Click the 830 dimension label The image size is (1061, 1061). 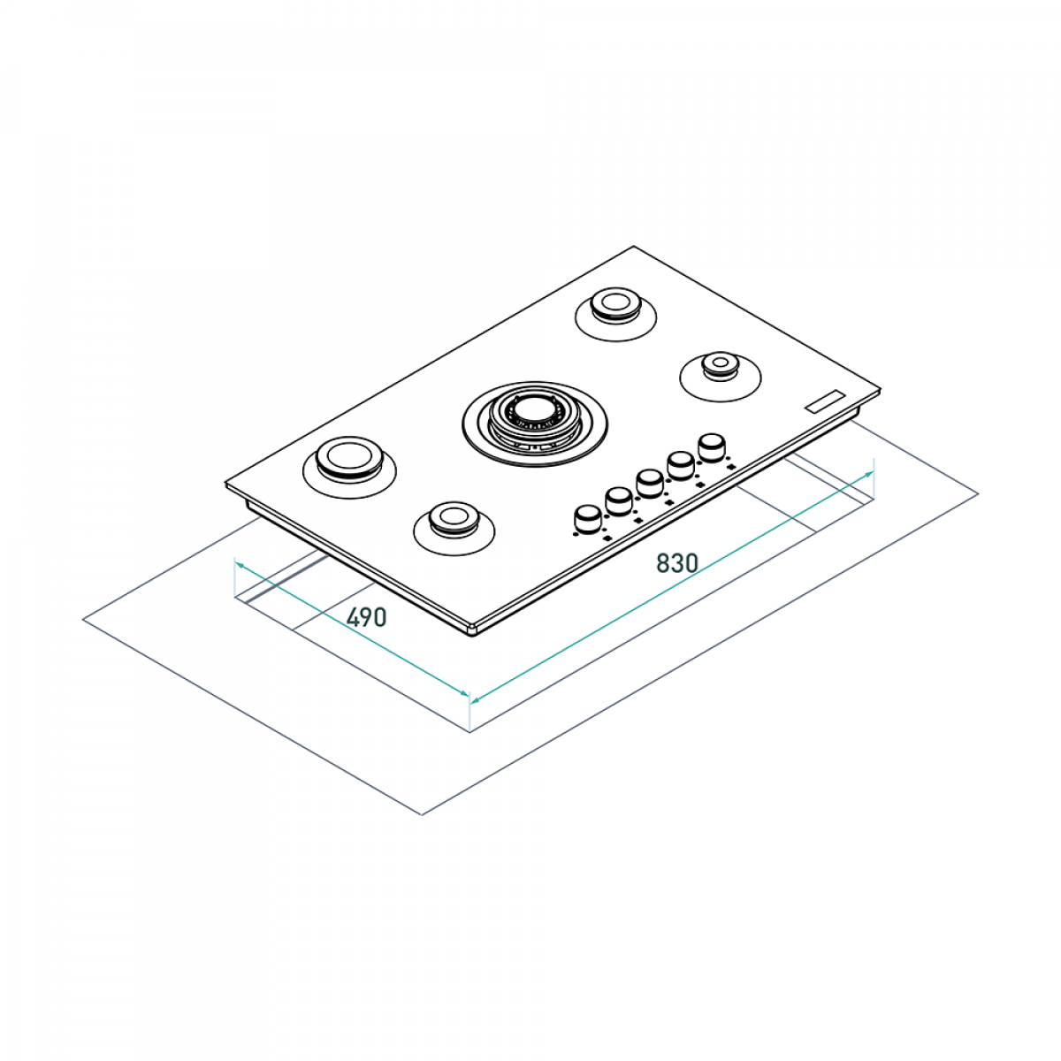pyautogui.click(x=676, y=562)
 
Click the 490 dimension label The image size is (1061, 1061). pyautogui.click(x=366, y=617)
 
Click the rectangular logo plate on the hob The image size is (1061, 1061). pyautogui.click(x=825, y=401)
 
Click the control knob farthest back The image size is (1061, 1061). pyautogui.click(x=711, y=446)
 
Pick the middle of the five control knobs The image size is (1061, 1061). pyautogui.click(x=649, y=483)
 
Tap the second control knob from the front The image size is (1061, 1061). pyautogui.click(x=619, y=500)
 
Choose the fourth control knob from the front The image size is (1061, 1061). pyautogui.click(x=681, y=463)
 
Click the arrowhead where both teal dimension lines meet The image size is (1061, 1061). pyautogui.click(x=469, y=698)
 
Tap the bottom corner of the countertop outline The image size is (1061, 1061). pyautogui.click(x=423, y=813)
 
